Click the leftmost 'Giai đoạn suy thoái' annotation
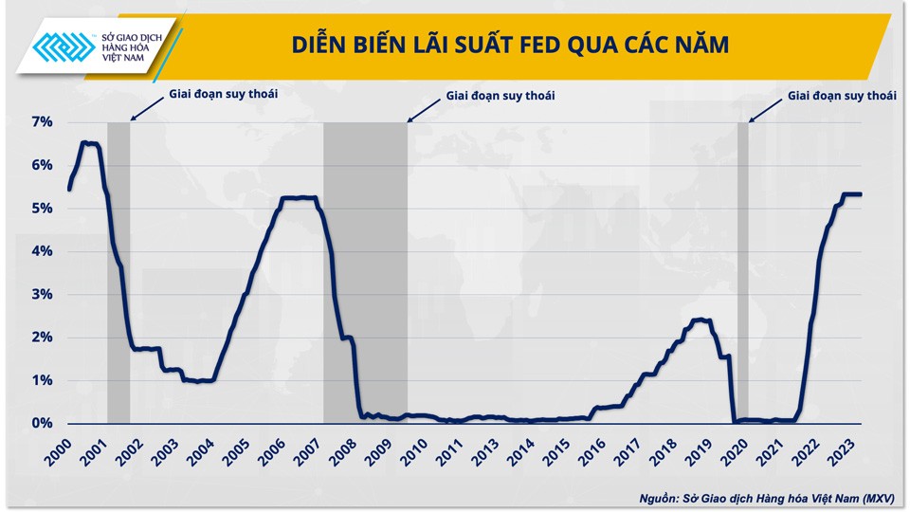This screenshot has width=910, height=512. (224, 94)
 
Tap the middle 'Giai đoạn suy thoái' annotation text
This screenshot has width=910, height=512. (500, 96)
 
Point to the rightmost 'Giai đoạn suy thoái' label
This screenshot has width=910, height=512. (842, 96)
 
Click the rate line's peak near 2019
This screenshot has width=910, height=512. (701, 320)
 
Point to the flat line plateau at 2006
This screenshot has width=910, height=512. (299, 198)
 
